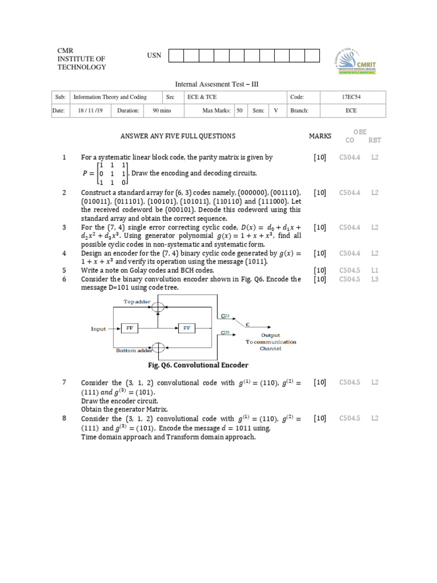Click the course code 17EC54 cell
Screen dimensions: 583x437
click(x=351, y=97)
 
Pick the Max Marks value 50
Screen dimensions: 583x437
click(x=240, y=110)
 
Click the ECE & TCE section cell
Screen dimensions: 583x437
click(x=202, y=97)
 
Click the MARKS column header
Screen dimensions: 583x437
click(x=320, y=136)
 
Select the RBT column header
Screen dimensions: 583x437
click(x=374, y=140)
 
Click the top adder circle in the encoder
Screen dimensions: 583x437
click(x=159, y=307)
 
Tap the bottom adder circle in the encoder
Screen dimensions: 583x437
click(x=159, y=347)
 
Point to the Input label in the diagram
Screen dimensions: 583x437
click(x=98, y=329)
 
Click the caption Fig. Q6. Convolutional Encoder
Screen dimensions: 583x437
click(x=198, y=365)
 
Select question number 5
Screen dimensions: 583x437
click(x=65, y=270)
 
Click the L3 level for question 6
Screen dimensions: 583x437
click(x=374, y=279)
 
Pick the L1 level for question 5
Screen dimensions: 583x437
click(x=374, y=270)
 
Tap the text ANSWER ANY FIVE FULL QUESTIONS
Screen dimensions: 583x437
click(x=178, y=136)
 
